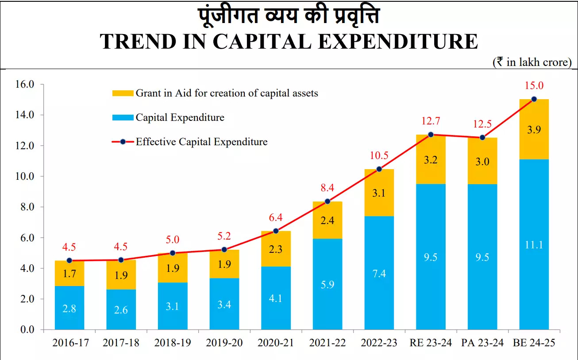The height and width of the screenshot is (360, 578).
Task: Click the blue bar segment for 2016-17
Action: (x=69, y=308)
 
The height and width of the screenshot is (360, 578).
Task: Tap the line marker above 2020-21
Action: (x=276, y=231)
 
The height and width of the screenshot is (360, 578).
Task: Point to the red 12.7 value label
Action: (x=431, y=121)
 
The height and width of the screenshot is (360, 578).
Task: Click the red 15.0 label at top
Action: (x=534, y=85)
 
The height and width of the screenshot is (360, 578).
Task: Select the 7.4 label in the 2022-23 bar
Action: (x=379, y=273)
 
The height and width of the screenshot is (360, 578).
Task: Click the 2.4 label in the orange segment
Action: (x=328, y=220)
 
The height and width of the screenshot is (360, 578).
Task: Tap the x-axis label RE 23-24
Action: (x=431, y=343)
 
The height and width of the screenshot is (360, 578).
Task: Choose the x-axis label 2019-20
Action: (x=224, y=343)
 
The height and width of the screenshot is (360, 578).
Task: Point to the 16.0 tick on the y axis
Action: (x=24, y=85)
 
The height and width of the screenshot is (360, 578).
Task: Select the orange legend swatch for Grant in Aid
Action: (x=123, y=93)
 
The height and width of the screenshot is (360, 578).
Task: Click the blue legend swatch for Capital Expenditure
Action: (x=123, y=118)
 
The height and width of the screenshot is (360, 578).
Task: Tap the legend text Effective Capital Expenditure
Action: (x=201, y=142)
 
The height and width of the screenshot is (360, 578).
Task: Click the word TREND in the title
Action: (x=145, y=41)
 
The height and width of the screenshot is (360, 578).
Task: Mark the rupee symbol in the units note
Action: (x=499, y=62)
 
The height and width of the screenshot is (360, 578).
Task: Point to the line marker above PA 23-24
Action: (x=482, y=138)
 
